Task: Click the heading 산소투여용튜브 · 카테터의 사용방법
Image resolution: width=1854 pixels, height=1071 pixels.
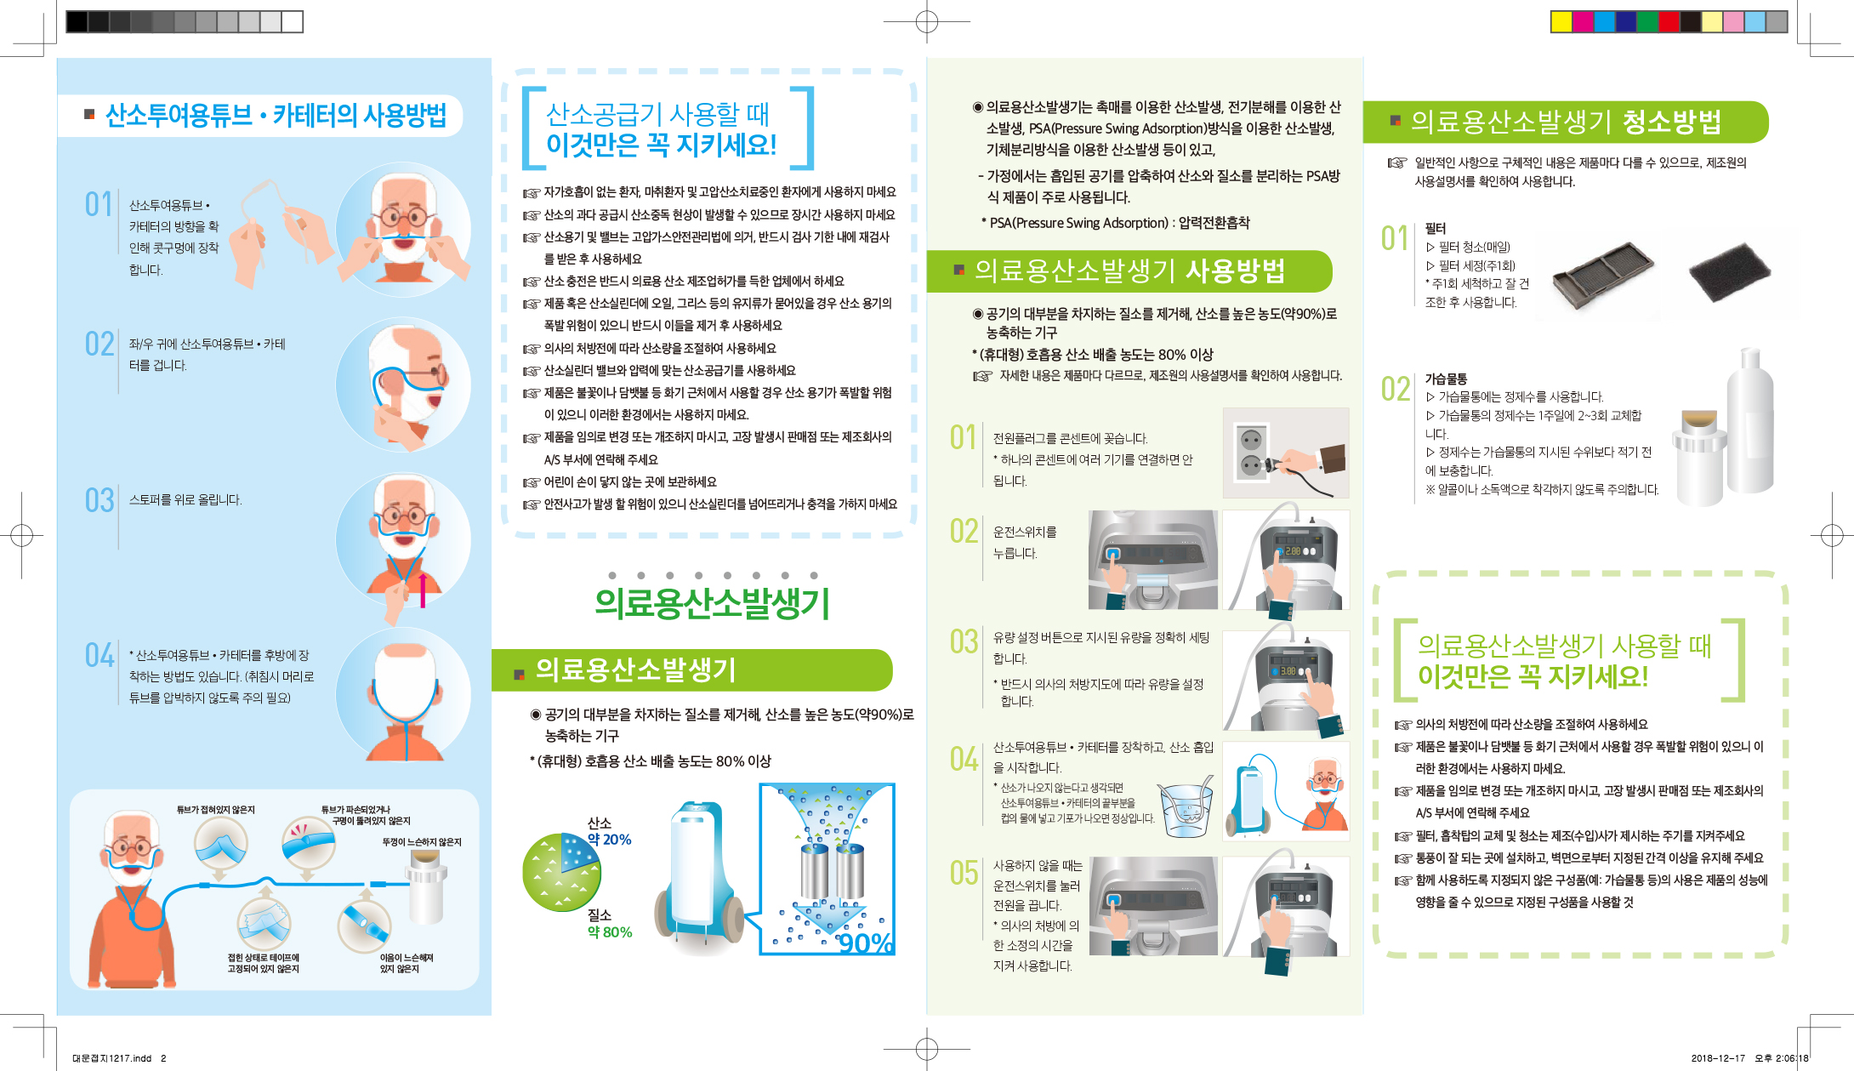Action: click(x=276, y=116)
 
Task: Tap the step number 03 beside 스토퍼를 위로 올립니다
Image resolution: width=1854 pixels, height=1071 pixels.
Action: click(x=100, y=500)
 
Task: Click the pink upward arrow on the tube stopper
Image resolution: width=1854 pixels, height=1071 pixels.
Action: click(x=423, y=590)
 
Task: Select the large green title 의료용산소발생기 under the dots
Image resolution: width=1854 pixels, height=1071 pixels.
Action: click(x=712, y=603)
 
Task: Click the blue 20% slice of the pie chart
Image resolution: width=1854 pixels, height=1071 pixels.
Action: click(x=579, y=853)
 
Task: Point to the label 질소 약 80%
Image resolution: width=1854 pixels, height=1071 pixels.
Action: click(x=609, y=924)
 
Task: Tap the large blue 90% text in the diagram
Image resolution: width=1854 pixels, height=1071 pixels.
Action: click(x=865, y=943)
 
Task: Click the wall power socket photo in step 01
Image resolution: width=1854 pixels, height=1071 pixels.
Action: click(x=1286, y=453)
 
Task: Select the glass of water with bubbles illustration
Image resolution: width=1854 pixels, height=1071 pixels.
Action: click(x=1186, y=808)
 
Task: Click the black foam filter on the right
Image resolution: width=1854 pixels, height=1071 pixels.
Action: click(x=1729, y=271)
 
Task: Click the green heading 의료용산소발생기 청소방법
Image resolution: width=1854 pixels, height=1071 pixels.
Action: click(x=1566, y=122)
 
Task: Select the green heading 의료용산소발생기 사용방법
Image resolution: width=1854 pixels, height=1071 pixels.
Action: click(x=1129, y=271)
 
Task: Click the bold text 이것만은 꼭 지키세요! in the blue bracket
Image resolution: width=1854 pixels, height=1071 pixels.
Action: click(x=661, y=145)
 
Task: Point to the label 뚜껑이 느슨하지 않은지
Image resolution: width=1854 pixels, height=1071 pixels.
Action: click(x=421, y=842)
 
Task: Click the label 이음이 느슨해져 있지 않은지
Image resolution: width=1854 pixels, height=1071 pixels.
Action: click(x=407, y=963)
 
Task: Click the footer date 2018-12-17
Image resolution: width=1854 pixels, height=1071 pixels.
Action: click(x=1718, y=1058)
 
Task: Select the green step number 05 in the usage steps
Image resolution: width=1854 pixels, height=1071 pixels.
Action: click(x=964, y=873)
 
